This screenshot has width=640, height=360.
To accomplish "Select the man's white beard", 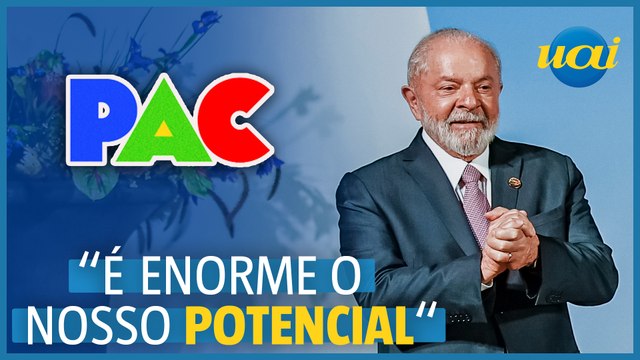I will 457,134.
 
